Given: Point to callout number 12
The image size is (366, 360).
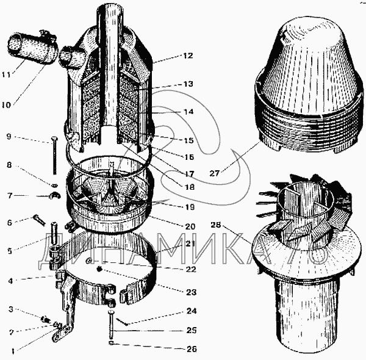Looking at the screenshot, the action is pyautogui.click(x=187, y=56).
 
